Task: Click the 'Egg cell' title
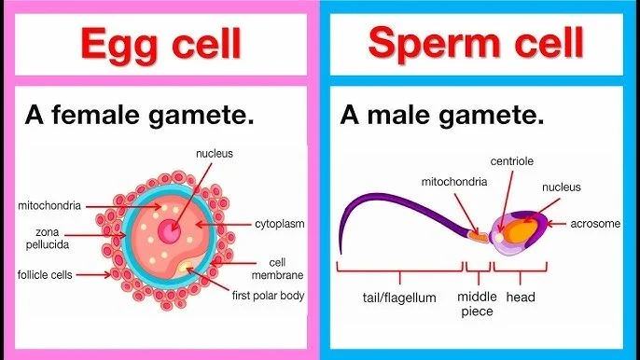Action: pyautogui.click(x=160, y=43)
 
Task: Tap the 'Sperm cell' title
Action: pyautogui.click(x=478, y=43)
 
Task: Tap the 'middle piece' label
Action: pyautogui.click(x=478, y=304)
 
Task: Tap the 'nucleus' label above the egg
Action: pyautogui.click(x=213, y=153)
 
